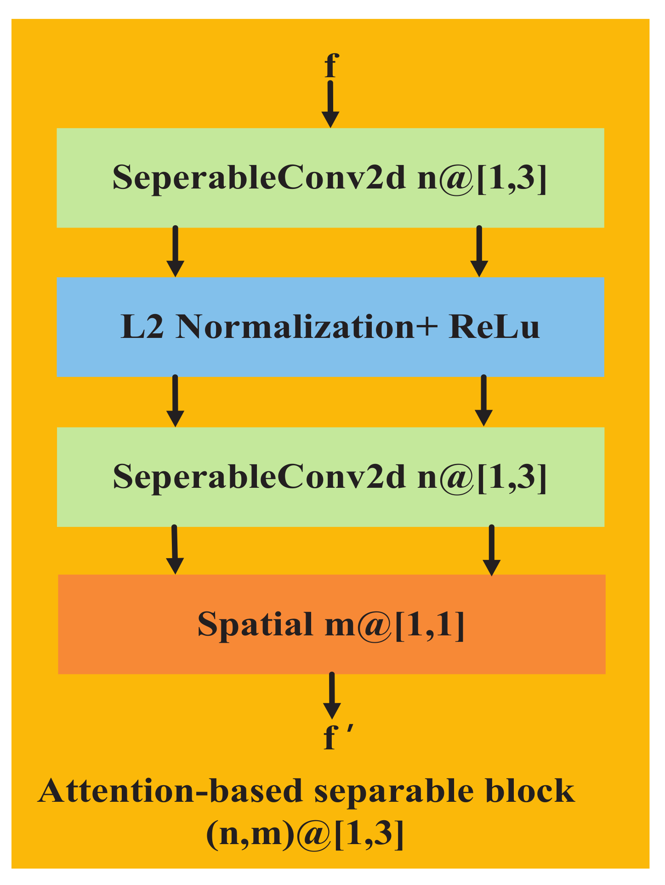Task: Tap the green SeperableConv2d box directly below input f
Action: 330,177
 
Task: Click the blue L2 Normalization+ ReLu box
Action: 330,327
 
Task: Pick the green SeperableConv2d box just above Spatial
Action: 330,477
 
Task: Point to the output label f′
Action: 336,739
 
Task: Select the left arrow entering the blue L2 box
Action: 175,251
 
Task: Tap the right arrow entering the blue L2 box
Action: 479,251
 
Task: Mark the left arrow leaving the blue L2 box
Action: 175,401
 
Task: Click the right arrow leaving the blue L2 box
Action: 483,401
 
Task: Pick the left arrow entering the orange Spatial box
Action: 174,549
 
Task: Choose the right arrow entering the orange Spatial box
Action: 492,550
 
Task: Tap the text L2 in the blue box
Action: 142,327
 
